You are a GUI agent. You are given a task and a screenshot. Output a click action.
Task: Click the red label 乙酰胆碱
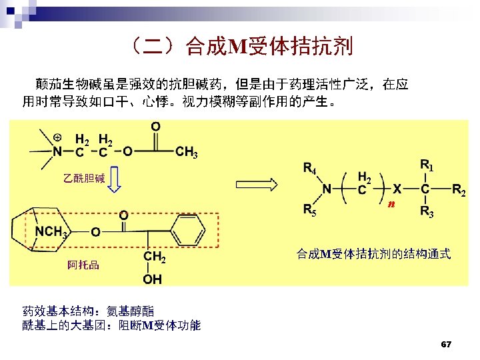pyautogui.click(x=84, y=178)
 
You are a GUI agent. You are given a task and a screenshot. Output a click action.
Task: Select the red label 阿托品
pyautogui.click(x=83, y=265)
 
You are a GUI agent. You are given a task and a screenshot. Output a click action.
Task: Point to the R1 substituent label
pyautogui.click(x=427, y=164)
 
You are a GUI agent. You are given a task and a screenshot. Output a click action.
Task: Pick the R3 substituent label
pyautogui.click(x=427, y=213)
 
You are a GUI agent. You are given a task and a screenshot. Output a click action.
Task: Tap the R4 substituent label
pyautogui.click(x=310, y=168)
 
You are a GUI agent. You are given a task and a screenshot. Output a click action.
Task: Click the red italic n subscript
pyautogui.click(x=392, y=203)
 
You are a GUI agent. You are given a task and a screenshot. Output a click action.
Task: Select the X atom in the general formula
pyautogui.click(x=397, y=189)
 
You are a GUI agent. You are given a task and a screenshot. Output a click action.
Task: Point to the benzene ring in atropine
pyautogui.click(x=188, y=234)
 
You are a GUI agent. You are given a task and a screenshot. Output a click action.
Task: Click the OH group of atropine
pyautogui.click(x=153, y=279)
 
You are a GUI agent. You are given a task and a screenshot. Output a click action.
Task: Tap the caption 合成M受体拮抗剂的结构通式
pyautogui.click(x=373, y=254)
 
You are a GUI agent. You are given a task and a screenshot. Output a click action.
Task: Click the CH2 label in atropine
pyautogui.click(x=154, y=256)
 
